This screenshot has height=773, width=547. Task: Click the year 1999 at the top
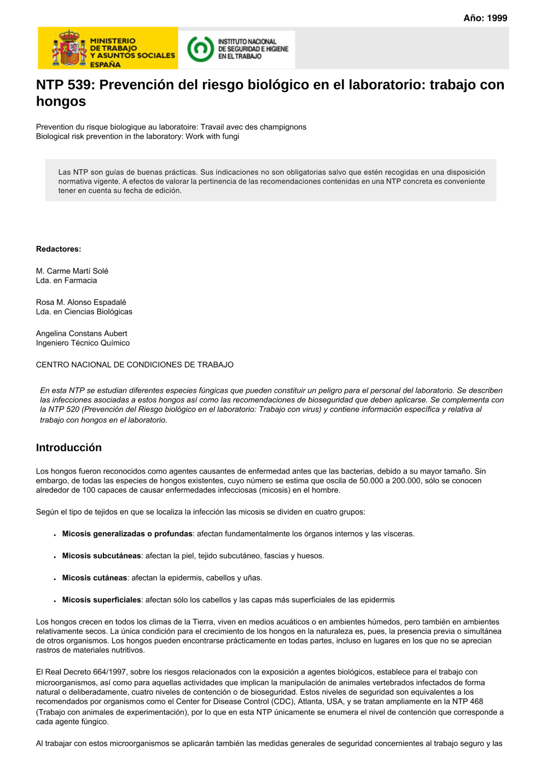497,18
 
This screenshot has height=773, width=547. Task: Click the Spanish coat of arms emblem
69,49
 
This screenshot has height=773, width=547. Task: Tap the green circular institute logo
200,49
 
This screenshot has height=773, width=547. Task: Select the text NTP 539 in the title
65,85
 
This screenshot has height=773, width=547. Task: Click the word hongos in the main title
61,102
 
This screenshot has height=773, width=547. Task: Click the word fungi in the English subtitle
230,137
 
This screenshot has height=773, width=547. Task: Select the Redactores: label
59,249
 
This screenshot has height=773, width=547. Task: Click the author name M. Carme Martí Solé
72,271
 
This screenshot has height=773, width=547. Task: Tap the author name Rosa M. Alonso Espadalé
81,302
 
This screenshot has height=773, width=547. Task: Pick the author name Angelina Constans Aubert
82,333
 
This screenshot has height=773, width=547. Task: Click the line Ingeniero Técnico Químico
83,343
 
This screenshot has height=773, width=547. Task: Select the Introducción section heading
69,447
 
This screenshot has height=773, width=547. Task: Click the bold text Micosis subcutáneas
102,556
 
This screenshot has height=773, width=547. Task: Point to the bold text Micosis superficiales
102,600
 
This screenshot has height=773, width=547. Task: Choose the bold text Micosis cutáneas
95,577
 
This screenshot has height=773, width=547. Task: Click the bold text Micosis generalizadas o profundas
127,534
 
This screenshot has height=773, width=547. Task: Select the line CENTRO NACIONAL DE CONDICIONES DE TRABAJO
135,364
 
